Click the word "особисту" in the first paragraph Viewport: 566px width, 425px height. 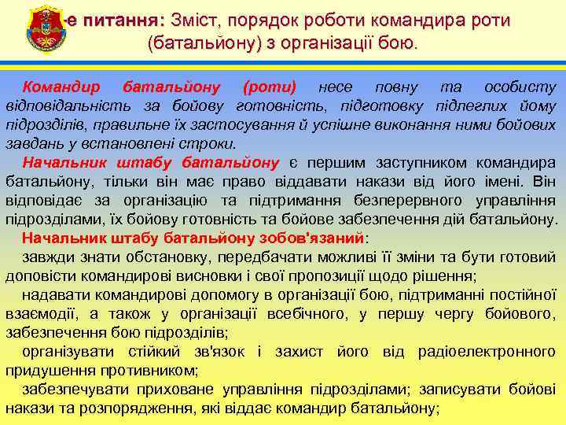pos(520,87)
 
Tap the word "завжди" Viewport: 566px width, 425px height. pos(46,257)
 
